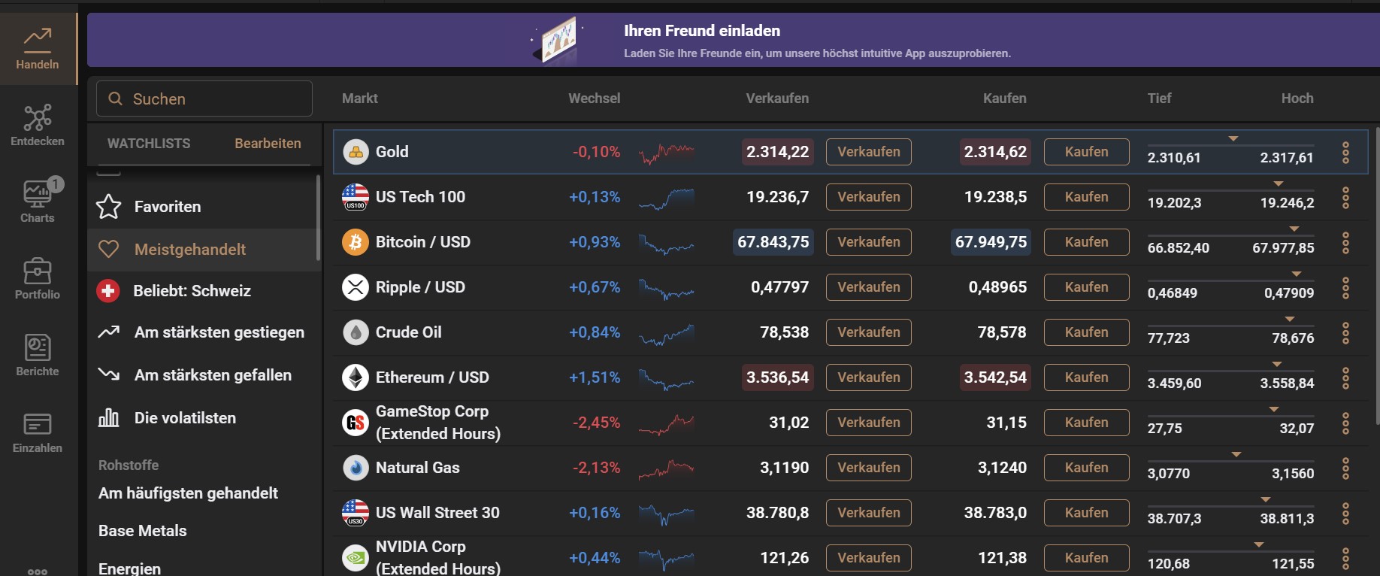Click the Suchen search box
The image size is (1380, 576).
(204, 99)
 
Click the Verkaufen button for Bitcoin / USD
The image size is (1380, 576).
(868, 242)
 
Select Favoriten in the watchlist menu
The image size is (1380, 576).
(167, 207)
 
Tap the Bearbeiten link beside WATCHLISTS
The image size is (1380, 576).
(268, 144)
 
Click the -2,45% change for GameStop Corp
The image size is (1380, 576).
(596, 423)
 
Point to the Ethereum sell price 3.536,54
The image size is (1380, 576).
(777, 377)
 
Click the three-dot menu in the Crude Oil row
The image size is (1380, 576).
(1345, 332)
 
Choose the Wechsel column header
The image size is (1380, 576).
(594, 99)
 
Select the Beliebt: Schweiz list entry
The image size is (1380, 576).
(192, 291)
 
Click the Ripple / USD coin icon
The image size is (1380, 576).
(356, 287)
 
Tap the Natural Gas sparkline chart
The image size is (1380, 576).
(666, 468)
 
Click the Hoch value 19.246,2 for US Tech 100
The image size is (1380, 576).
(1287, 203)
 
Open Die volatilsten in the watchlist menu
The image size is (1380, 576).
(185, 418)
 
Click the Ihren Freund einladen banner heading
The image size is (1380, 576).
(701, 31)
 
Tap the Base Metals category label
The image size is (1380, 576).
(143, 531)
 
